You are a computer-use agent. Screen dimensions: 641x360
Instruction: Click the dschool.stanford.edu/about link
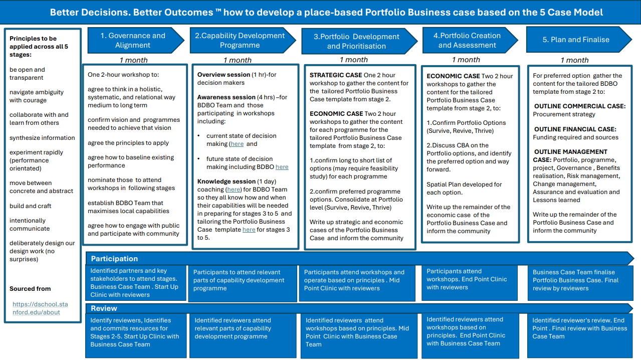point(40,308)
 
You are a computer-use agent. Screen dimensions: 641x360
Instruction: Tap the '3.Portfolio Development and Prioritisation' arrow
point(359,41)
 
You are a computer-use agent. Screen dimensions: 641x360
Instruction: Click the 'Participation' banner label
point(114,259)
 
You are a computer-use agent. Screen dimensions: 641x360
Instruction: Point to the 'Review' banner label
point(104,308)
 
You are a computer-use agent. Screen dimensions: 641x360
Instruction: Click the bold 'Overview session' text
point(224,75)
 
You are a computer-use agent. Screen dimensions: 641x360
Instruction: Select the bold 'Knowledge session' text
point(226,182)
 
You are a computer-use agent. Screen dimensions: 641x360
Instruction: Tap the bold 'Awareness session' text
point(226,97)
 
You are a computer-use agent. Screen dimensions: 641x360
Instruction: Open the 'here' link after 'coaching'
point(234,190)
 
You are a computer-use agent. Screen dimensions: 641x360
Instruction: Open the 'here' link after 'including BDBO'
point(282,167)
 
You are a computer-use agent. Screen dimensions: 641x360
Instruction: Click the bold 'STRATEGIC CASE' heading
point(336,75)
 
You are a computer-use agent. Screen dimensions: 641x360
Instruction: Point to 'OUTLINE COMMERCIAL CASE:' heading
point(580,106)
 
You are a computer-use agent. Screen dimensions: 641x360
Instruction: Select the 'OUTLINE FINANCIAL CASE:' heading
point(575,129)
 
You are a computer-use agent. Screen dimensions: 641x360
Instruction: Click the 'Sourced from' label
point(30,289)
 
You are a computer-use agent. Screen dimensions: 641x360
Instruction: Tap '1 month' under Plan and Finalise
point(574,60)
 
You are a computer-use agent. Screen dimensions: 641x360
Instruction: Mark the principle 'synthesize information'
point(42,138)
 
